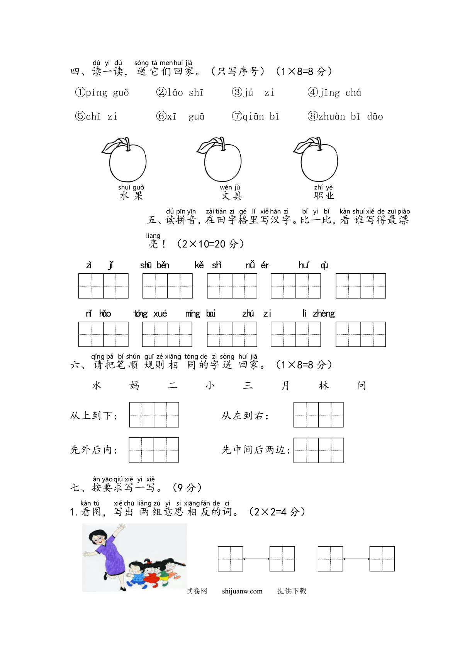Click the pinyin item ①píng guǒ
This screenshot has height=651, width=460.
click(102, 93)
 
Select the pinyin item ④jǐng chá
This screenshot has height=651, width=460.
click(334, 93)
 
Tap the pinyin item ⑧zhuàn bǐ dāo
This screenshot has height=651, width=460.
click(345, 116)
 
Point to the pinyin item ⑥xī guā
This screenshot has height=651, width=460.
click(180, 116)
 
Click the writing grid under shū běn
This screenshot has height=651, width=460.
click(167, 286)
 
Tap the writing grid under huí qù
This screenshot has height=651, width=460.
click(361, 286)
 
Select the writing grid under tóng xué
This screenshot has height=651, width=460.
click(167, 334)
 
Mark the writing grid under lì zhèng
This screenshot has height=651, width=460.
click(361, 334)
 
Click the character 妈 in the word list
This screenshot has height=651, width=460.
click(134, 385)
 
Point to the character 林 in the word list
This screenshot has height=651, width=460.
click(324, 385)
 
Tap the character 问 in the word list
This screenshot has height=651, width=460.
click(362, 385)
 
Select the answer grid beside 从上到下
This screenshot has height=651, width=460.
click(154, 415)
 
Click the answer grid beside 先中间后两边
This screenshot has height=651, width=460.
click(318, 450)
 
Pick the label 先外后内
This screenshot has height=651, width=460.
click(94, 450)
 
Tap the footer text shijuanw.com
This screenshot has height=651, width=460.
click(242, 591)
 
